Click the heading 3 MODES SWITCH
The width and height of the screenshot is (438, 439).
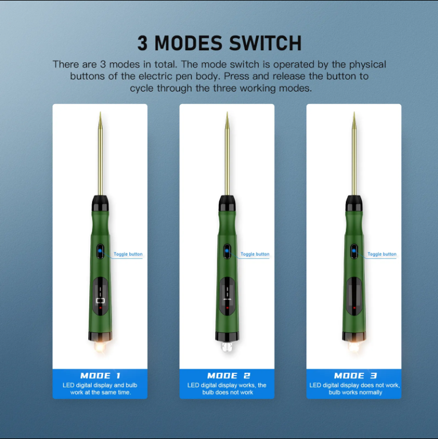219,43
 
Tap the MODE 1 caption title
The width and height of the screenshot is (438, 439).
100,376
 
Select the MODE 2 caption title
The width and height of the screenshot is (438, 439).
228,376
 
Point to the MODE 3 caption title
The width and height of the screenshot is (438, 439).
356,376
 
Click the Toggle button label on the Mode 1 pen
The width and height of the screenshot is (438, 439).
128,254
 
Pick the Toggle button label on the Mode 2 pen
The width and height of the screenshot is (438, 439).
255,254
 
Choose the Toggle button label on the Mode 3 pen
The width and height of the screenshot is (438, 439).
382,254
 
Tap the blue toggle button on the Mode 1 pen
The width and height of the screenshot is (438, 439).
100,250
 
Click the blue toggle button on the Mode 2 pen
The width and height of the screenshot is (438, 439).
227,250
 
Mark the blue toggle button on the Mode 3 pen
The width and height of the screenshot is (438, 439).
354,250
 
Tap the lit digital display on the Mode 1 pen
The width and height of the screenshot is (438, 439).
100,294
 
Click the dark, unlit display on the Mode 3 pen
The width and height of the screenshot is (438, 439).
354,294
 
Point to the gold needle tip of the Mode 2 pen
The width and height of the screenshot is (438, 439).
227,123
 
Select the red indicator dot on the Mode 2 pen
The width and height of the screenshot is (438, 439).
227,308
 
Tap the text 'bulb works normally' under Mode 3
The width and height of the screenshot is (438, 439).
355,393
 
